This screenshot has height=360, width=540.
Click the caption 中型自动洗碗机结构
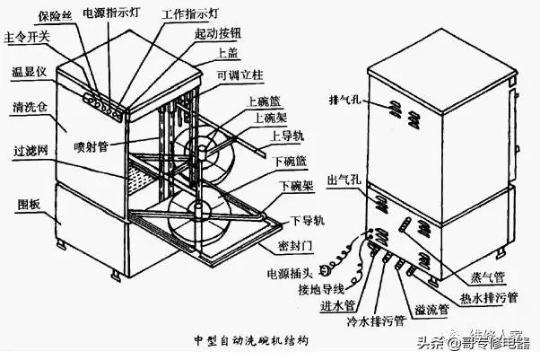pyautogui.click(x=251, y=342)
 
